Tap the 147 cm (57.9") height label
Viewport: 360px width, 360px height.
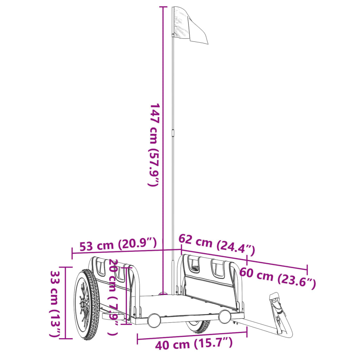coord(154,144)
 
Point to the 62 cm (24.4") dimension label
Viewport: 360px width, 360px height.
coord(217,244)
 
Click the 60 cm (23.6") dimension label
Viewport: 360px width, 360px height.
coord(278,278)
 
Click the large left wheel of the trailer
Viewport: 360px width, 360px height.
coord(87,304)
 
